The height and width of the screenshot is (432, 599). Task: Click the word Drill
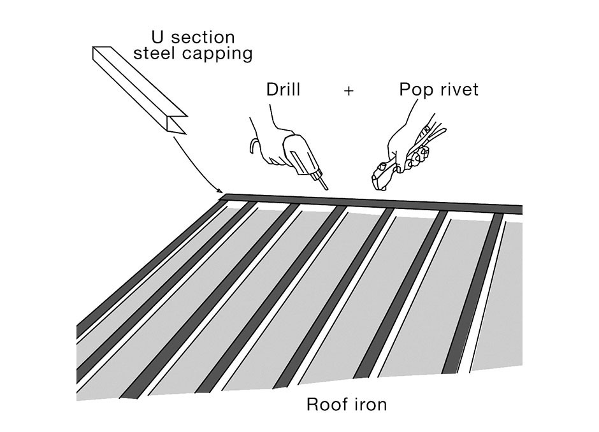(x=283, y=90)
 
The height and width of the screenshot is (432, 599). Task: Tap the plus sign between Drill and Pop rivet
(x=349, y=90)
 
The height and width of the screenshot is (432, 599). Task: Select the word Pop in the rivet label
(x=415, y=90)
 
